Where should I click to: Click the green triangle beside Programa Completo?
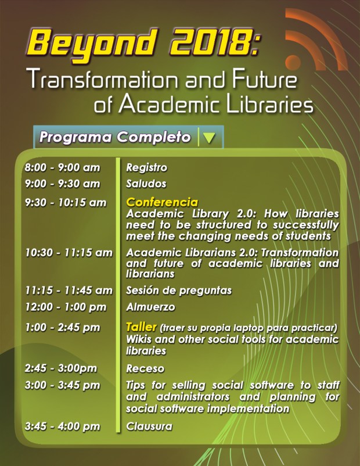(x=209, y=138)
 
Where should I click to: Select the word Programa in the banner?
(x=75, y=138)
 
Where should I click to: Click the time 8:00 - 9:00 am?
(x=62, y=167)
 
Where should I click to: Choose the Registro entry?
(x=147, y=168)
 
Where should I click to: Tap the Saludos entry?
(x=146, y=184)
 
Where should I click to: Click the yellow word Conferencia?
(x=162, y=202)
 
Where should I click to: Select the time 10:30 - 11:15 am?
(x=69, y=253)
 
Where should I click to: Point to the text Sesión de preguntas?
(x=179, y=291)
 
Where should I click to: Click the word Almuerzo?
(x=150, y=307)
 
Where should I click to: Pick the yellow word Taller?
(x=141, y=327)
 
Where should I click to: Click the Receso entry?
(x=145, y=368)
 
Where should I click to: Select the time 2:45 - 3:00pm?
(x=61, y=368)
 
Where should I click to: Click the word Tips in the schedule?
(x=136, y=385)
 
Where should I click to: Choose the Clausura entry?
(x=149, y=426)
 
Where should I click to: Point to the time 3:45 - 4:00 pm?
(x=62, y=426)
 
